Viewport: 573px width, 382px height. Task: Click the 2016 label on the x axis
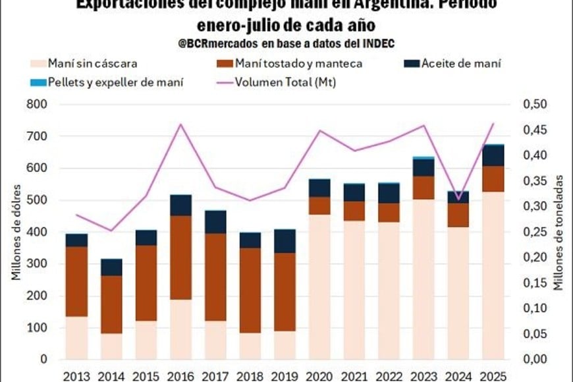(x=181, y=375)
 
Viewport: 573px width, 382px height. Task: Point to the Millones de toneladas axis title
(x=559, y=232)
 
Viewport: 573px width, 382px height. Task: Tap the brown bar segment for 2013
(x=77, y=281)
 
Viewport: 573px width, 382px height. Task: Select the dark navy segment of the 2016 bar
(x=181, y=205)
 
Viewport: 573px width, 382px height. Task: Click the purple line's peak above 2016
(x=181, y=124)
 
